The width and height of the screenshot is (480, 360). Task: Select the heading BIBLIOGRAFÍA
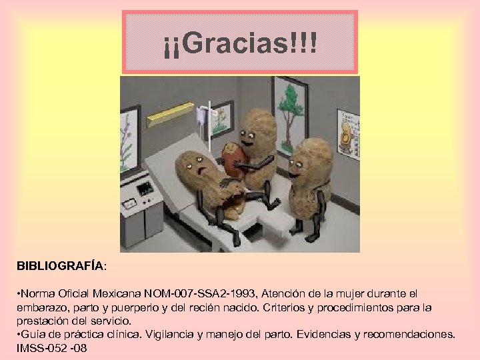(x=61, y=265)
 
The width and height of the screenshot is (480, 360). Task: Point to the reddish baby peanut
(x=232, y=159)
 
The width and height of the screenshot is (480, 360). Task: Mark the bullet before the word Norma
(x=20, y=293)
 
